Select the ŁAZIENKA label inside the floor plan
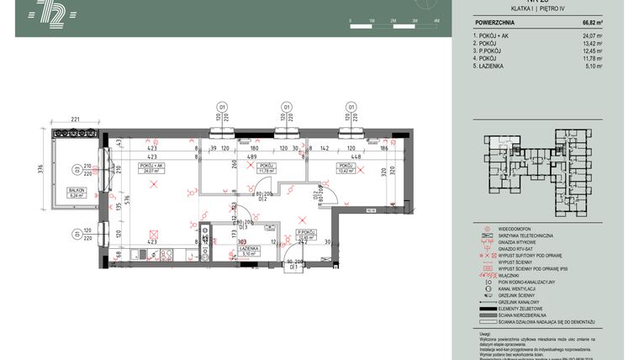click(x=248, y=250)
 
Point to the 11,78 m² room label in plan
click(x=267, y=171)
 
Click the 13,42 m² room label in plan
click(x=348, y=171)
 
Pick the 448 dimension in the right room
click(x=355, y=156)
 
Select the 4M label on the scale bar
click(x=436, y=19)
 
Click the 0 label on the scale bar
click(x=349, y=19)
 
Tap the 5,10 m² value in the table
click(x=594, y=66)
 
